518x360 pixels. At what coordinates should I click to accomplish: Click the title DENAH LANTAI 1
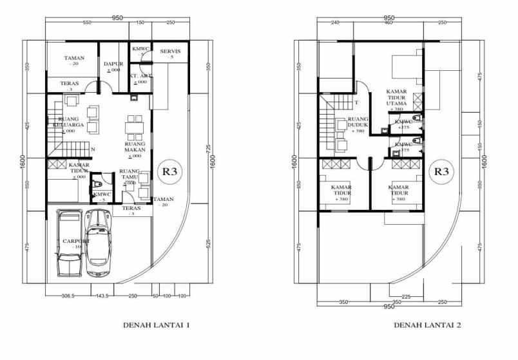click(156, 326)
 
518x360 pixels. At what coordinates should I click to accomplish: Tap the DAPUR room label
click(113, 64)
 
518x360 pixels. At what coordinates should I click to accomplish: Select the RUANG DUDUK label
click(358, 123)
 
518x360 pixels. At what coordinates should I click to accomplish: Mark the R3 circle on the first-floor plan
click(169, 172)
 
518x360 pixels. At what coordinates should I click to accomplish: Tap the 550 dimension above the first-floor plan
click(87, 24)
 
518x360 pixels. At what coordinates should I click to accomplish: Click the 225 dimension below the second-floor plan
click(388, 297)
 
